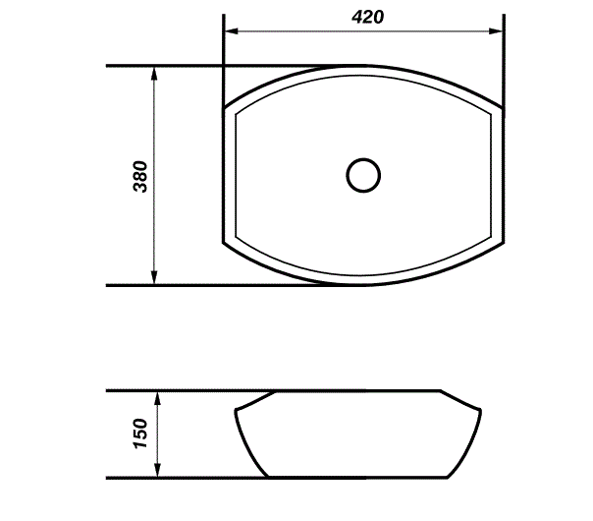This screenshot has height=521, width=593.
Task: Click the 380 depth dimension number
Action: pos(139,175)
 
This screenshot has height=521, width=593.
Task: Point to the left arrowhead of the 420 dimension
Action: pos(232,31)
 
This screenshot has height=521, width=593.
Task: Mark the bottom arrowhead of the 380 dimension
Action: pos(155,278)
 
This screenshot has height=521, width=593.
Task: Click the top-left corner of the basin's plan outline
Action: pos(226,107)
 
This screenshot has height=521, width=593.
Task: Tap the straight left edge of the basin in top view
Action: pos(225,175)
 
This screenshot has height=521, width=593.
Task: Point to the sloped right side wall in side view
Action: pos(471,444)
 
